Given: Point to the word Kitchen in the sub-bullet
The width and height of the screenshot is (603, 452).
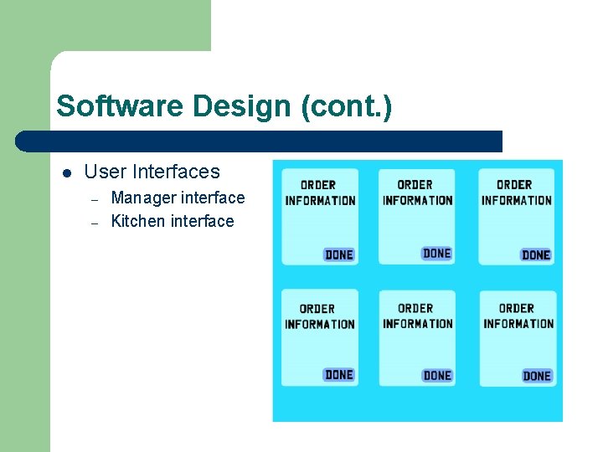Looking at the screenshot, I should point(138,222).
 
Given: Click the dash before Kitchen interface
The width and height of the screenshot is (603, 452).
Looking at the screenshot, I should point(95,223).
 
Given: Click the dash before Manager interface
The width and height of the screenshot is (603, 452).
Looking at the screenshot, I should point(95,199).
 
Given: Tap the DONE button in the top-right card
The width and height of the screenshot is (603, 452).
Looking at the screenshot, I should point(536,254).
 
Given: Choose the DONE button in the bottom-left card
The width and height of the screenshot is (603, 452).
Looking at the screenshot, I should point(339,375).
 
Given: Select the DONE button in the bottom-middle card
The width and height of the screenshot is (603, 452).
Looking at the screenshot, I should point(437,376).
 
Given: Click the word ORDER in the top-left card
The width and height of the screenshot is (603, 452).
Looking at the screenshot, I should point(318,185).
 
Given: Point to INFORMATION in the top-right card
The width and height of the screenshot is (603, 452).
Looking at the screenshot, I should point(517,200).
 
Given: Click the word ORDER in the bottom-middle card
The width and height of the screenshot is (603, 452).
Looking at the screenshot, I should point(416,308).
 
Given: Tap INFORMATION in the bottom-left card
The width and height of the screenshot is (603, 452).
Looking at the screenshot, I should point(320,324).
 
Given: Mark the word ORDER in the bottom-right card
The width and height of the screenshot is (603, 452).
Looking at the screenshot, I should point(517,308).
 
